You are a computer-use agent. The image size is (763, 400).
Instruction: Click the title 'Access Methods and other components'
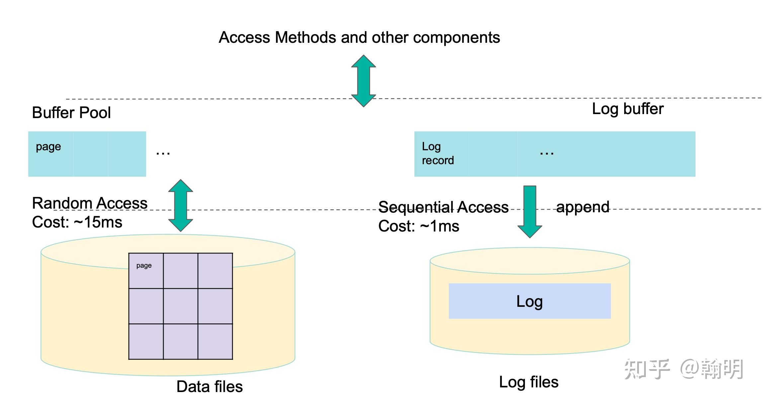pyautogui.click(x=359, y=37)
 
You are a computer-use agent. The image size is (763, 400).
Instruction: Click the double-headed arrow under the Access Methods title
pyautogui.click(x=364, y=81)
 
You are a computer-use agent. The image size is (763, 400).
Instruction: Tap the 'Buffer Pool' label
pyautogui.click(x=71, y=113)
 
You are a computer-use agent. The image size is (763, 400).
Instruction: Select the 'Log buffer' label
pyautogui.click(x=628, y=109)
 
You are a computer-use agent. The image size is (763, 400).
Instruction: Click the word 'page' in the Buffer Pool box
pyautogui.click(x=48, y=147)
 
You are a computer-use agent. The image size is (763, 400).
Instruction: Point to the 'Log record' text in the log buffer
pyautogui.click(x=437, y=153)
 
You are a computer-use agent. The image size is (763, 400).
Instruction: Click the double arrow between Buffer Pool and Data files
pyautogui.click(x=181, y=205)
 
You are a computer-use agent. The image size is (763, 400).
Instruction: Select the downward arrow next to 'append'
pyautogui.click(x=530, y=211)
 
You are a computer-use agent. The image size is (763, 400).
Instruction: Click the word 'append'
pyautogui.click(x=583, y=207)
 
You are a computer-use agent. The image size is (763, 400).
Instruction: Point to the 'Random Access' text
pyautogui.click(x=90, y=203)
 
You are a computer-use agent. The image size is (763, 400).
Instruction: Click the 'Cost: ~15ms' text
pyautogui.click(x=77, y=222)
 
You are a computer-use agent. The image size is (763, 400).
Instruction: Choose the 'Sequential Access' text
pyautogui.click(x=443, y=207)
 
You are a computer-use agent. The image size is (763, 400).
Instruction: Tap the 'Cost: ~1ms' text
pyautogui.click(x=419, y=226)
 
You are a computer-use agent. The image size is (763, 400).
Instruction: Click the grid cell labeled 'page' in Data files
pyautogui.click(x=146, y=271)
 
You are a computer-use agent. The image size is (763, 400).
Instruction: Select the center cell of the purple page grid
pyautogui.click(x=181, y=306)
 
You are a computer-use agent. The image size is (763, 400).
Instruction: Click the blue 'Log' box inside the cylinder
pyautogui.click(x=530, y=301)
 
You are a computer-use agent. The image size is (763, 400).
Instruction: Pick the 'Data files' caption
pyautogui.click(x=210, y=387)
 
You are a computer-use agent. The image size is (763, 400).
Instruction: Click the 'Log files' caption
pyautogui.click(x=529, y=382)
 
